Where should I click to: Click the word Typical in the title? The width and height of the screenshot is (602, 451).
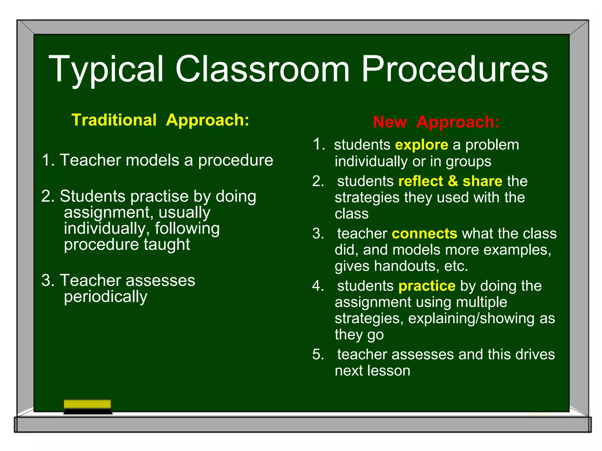(106, 70)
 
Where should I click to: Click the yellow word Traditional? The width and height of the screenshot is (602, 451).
(114, 120)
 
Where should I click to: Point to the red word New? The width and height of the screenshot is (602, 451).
(390, 122)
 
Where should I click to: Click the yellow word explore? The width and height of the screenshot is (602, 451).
(422, 145)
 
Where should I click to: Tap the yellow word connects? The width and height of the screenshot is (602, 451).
(424, 233)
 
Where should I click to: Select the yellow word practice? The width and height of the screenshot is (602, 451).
(427, 286)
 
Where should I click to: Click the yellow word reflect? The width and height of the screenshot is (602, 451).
(421, 181)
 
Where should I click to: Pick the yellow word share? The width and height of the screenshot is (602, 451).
(482, 181)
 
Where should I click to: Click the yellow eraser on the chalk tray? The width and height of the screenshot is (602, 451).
(87, 404)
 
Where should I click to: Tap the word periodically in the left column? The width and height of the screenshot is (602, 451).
(106, 297)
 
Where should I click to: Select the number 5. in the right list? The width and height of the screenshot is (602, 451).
(318, 354)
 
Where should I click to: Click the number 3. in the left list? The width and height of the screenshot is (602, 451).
(48, 280)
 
